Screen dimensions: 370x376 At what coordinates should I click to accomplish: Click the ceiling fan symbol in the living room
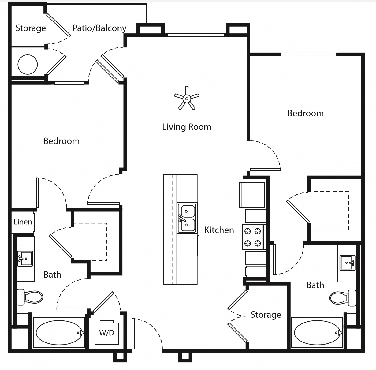click(x=186, y=98)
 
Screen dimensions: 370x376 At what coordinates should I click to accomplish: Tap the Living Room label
click(x=187, y=127)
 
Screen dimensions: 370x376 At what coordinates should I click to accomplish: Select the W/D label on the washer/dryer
click(x=106, y=333)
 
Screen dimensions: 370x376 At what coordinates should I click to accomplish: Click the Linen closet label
click(x=23, y=222)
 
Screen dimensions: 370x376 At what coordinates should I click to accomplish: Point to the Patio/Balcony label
click(x=99, y=28)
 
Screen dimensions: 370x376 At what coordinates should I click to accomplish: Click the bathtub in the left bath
click(x=59, y=333)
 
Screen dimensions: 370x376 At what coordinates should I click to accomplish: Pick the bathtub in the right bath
click(x=317, y=333)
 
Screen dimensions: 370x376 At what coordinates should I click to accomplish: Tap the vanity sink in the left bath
click(x=25, y=259)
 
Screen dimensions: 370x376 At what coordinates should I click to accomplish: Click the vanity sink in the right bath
click(x=347, y=263)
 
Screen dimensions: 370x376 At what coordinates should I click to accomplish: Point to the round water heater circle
click(x=28, y=65)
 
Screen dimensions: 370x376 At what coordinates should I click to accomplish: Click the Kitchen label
click(x=219, y=230)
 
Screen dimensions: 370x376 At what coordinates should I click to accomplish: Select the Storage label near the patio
click(x=31, y=28)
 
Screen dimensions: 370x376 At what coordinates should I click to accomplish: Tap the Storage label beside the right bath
click(x=266, y=315)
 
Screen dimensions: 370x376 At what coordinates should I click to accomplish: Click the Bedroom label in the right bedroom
click(x=305, y=113)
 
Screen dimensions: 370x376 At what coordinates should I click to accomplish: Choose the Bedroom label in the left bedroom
click(x=61, y=141)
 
